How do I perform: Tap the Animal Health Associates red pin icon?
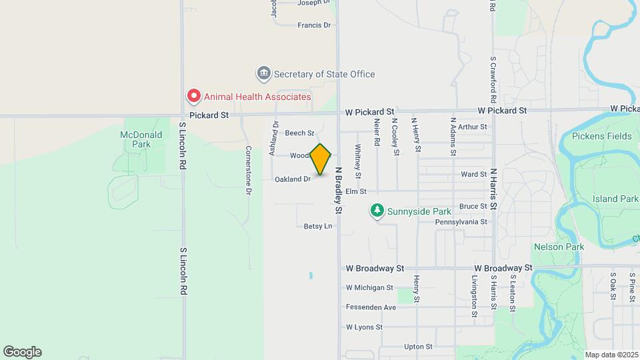click(193, 97)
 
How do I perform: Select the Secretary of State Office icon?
click(264, 73)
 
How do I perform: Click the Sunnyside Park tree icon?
click(377, 211)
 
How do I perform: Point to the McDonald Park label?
click(136, 139)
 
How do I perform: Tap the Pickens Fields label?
click(601, 136)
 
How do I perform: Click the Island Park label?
click(615, 199)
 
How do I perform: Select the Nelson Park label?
click(559, 247)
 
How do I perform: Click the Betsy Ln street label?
click(318, 226)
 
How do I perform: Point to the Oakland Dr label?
click(293, 179)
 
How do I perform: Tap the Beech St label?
click(299, 133)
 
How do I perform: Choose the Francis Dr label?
click(314, 25)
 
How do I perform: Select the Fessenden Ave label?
click(371, 307)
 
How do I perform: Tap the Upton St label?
click(418, 347)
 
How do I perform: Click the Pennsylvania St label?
click(461, 221)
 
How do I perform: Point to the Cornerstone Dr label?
click(248, 170)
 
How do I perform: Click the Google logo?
click(22, 352)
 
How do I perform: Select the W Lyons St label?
click(364, 327)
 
